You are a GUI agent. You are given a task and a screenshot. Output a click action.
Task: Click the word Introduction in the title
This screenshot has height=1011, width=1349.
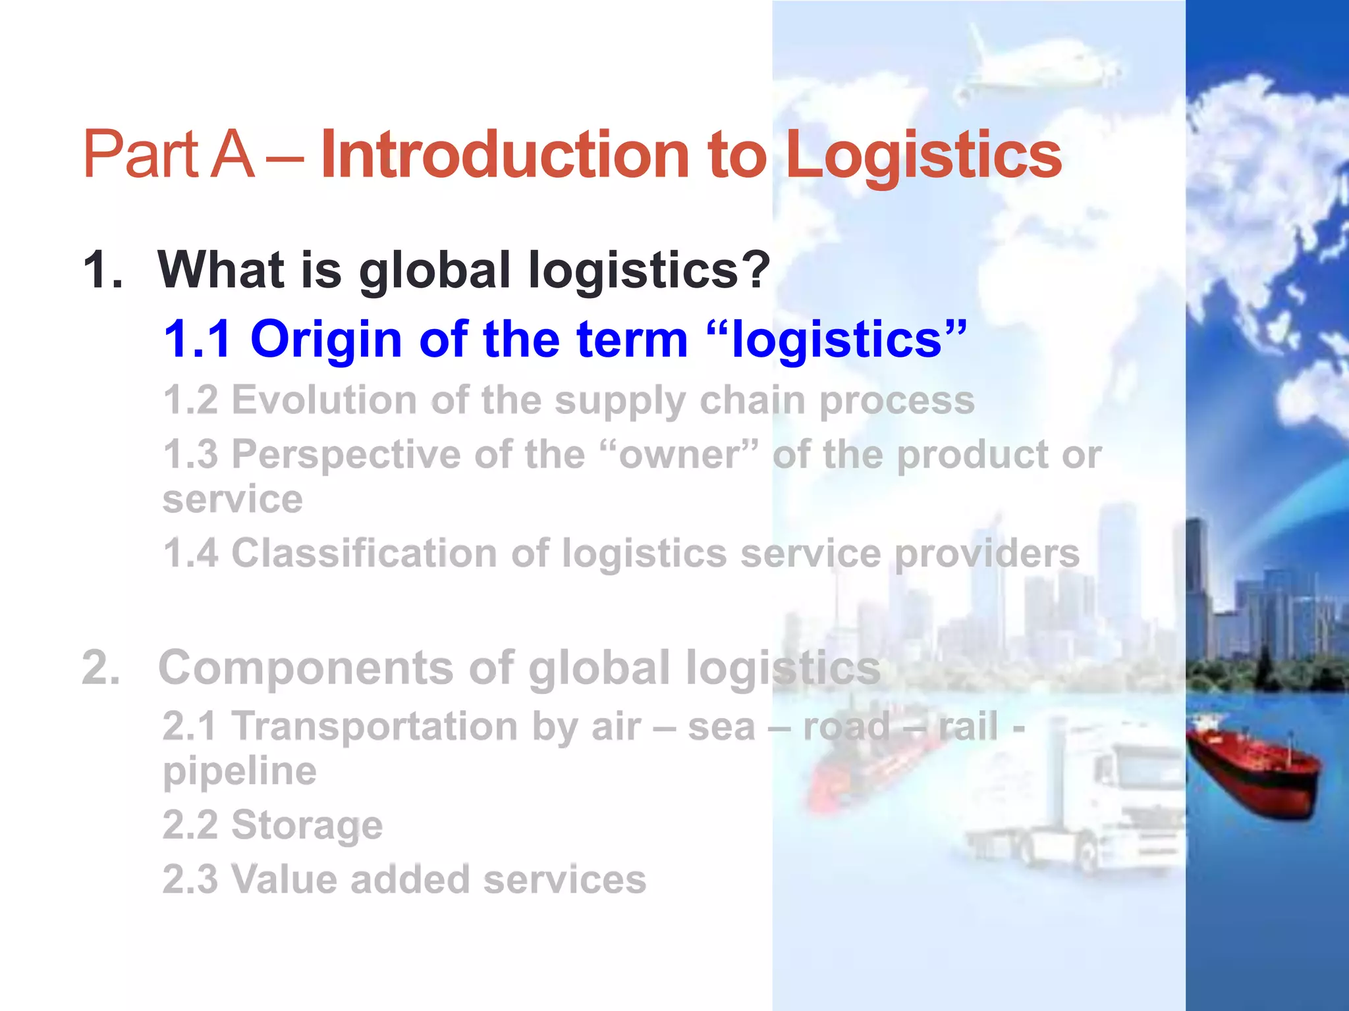coord(504,155)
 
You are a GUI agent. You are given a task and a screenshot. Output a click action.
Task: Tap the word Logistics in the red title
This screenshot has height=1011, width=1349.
coord(923,155)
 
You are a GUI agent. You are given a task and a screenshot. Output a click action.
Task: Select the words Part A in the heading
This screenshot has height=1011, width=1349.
coord(169,155)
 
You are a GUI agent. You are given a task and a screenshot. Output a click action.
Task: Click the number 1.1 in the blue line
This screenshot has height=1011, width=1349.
coord(197,339)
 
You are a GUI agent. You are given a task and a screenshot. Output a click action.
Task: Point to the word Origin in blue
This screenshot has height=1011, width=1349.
coord(326,339)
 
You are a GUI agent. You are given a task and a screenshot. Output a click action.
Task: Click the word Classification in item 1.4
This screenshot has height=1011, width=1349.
coord(364,553)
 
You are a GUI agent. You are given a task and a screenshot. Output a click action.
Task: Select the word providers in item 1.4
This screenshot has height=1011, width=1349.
coord(987,553)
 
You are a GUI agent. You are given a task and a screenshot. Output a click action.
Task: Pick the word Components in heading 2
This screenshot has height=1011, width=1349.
coord(306,667)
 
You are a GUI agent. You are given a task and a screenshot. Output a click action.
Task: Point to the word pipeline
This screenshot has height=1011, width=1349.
coord(240,771)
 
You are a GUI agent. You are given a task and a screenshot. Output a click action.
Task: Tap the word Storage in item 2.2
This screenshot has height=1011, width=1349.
coord(307,825)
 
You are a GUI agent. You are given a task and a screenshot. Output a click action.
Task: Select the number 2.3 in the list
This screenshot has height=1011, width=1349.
coord(190,879)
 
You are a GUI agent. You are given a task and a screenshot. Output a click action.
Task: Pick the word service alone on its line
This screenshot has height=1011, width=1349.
coord(233,499)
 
